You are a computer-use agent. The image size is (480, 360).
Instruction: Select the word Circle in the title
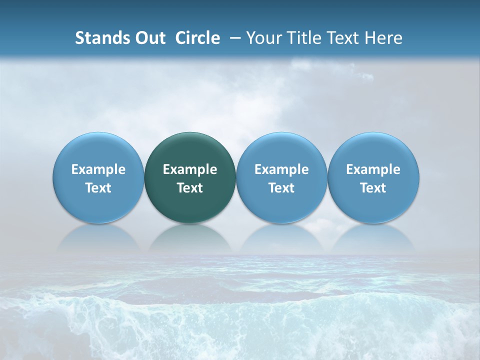tap(197, 38)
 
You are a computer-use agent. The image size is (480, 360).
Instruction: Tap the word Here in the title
tap(384, 38)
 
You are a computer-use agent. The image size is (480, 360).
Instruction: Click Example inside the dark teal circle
tap(190, 169)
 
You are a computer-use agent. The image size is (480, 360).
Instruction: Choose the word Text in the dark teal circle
tap(190, 188)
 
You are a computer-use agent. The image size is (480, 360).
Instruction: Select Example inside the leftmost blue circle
tap(98, 169)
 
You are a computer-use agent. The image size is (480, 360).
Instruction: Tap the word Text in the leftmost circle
tap(98, 188)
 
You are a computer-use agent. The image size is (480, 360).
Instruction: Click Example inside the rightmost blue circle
tap(373, 169)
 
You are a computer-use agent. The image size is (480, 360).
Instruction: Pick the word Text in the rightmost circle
tap(373, 188)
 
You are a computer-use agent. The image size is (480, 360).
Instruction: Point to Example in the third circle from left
tap(281, 169)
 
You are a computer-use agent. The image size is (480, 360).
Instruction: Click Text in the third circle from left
tap(281, 188)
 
